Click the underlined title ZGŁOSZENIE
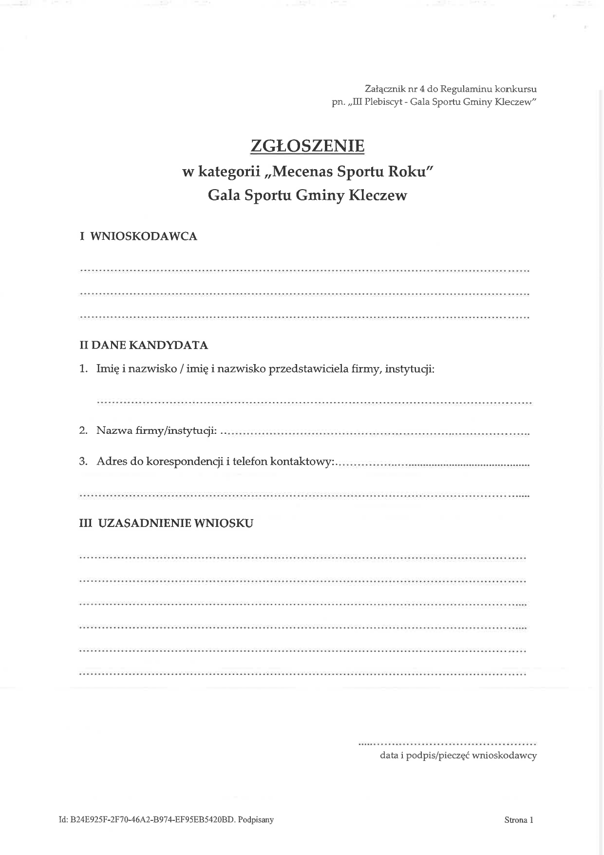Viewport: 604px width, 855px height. pos(307,146)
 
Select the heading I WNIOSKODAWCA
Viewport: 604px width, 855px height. pos(138,236)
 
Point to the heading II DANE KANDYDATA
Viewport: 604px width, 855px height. pos(144,346)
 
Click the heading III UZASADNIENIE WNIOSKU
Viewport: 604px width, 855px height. pos(166,524)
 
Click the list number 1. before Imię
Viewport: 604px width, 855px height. pos(83,369)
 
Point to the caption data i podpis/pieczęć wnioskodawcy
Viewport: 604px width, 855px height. pos(458,756)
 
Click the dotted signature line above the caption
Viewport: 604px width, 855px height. pos(447,744)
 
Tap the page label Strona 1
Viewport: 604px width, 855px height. pos(519,820)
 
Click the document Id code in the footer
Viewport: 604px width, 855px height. pos(152,820)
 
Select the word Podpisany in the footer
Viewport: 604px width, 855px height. pos(256,820)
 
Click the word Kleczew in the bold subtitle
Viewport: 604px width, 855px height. pos(378,195)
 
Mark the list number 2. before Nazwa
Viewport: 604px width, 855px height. pos(83,431)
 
